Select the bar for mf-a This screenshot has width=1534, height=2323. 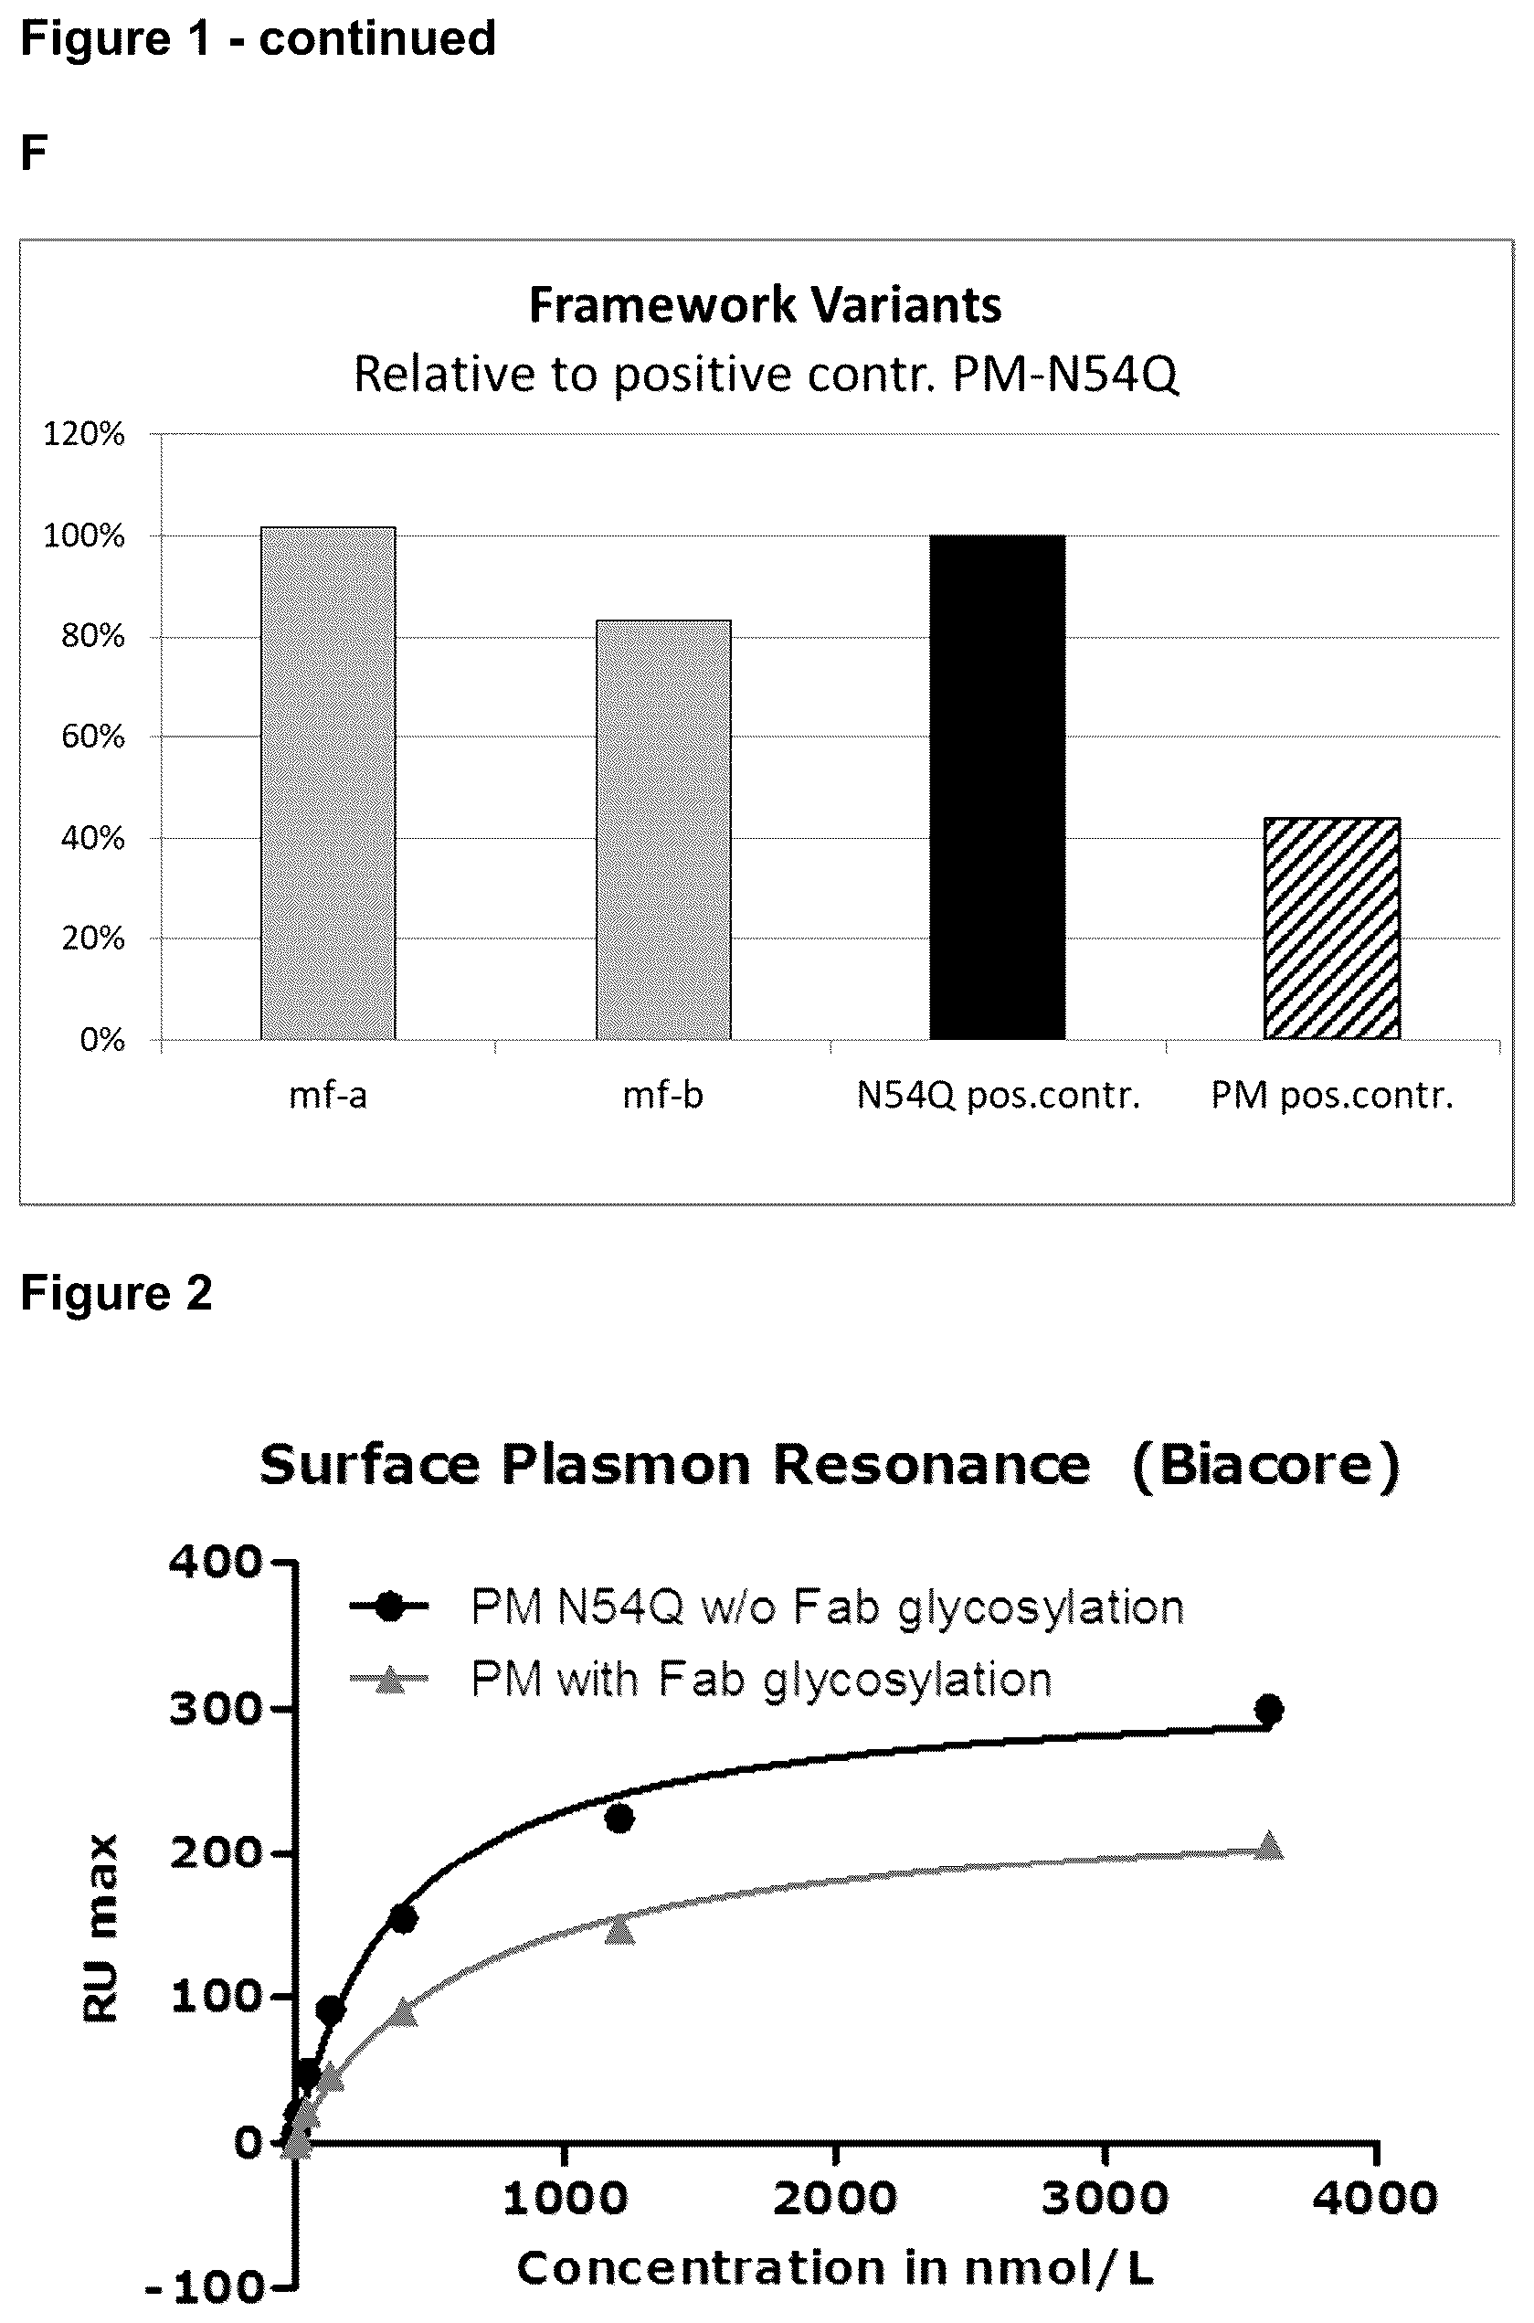[328, 783]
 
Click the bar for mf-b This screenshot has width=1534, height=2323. [663, 829]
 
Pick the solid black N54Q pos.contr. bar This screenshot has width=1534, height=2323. [997, 787]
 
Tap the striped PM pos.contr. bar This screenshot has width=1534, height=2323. [1331, 928]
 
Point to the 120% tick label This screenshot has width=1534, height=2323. [84, 433]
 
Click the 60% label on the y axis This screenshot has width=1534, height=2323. [93, 736]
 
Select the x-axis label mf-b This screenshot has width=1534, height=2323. [663, 1095]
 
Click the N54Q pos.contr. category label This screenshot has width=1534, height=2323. [998, 1095]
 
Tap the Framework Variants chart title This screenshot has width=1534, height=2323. [765, 304]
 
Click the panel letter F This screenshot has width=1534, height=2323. [33, 154]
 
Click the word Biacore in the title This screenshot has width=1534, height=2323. [1266, 1465]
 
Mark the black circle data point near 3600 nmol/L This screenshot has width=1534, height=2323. [1269, 1710]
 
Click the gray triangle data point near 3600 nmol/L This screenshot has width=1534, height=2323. [1269, 1845]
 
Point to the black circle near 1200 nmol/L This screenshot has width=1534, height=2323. [619, 1818]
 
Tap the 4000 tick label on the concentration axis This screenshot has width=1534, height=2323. [1374, 2199]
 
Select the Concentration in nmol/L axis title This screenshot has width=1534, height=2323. [834, 2268]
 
